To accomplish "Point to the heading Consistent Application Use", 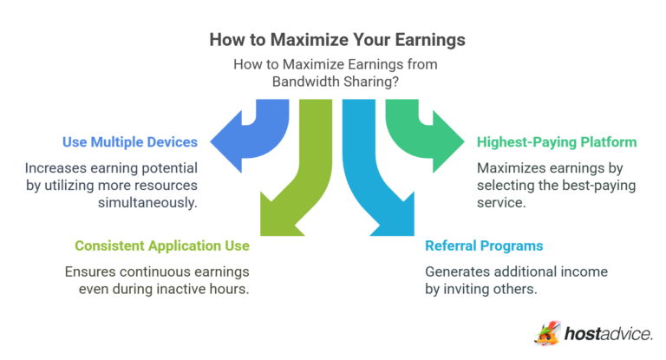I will (162, 245).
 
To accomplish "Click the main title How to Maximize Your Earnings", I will (333, 40).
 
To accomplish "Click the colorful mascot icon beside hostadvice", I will (548, 333).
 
